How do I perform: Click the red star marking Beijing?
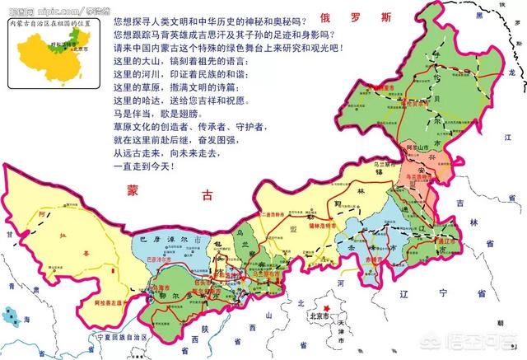click(329, 311)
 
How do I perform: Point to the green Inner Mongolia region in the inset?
click(54, 47)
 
